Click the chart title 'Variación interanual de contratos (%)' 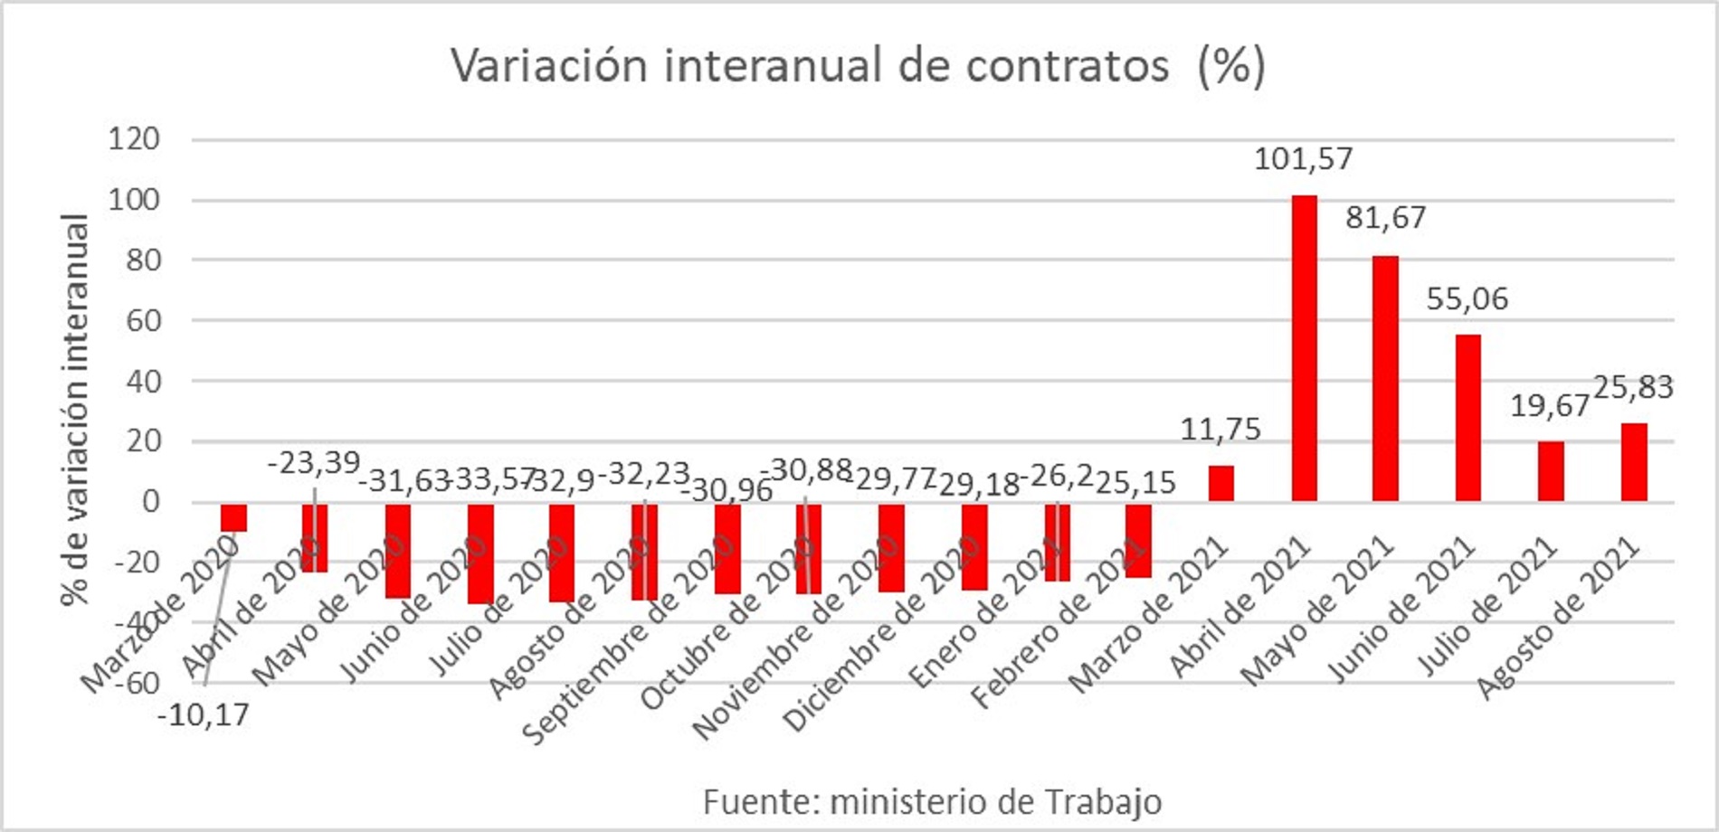point(858,65)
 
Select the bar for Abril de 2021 point(1304,348)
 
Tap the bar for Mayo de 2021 point(1385,378)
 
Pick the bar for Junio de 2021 point(1467,418)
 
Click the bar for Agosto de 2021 point(1633,462)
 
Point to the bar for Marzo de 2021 point(1220,484)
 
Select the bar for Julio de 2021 point(1551,471)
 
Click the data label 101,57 point(1303,159)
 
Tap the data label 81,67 point(1385,218)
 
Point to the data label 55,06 point(1467,299)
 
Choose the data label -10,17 point(204,716)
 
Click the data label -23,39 point(313,463)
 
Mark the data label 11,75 point(1220,430)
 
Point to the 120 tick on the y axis point(134,139)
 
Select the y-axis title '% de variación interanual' point(76,410)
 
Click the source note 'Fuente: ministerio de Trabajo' point(932,802)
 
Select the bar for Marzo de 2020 point(234,517)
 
